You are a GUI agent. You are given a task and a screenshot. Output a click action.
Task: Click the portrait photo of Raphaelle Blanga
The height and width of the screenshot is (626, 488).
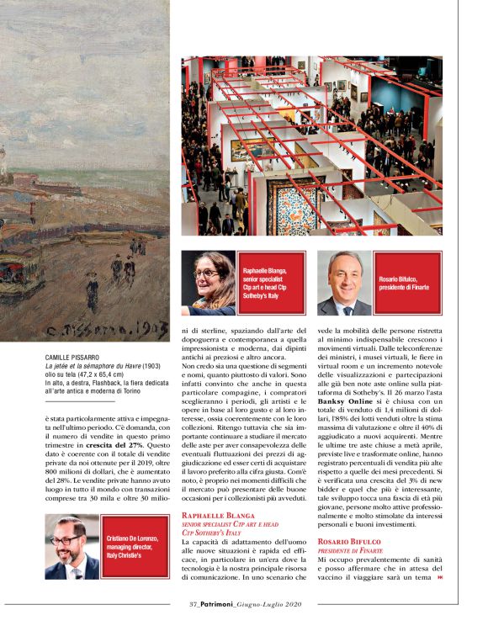point(209,283)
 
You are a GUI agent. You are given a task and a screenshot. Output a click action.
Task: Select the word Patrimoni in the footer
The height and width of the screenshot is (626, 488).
point(225,603)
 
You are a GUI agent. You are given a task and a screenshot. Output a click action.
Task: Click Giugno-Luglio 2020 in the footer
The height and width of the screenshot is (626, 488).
point(274,603)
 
